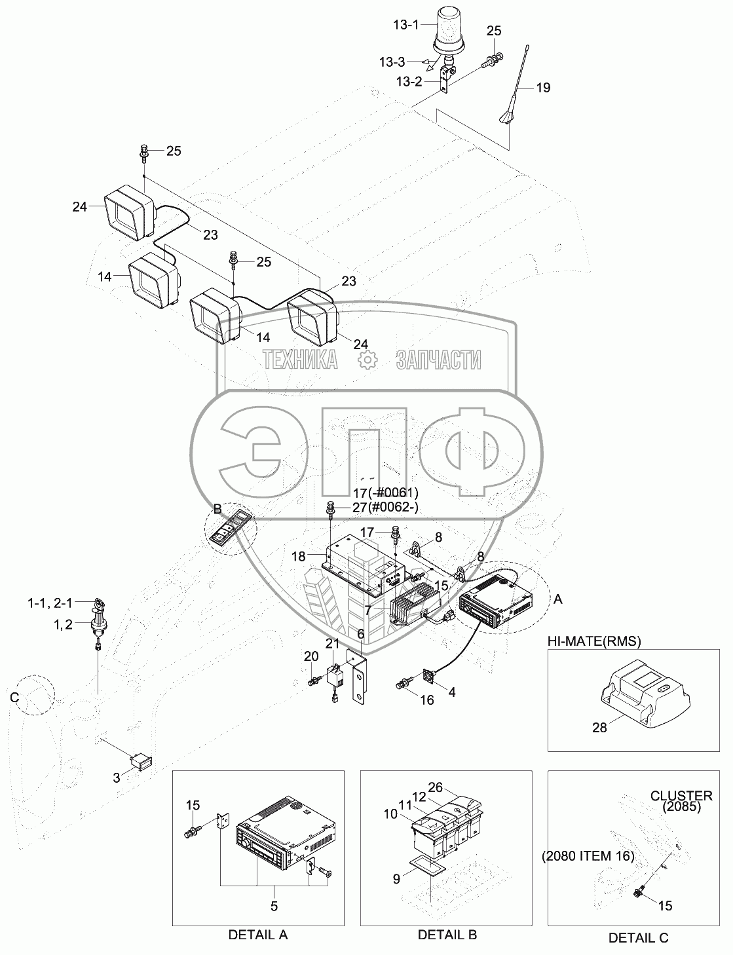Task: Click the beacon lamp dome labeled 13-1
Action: coord(449,31)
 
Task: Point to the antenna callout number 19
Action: coord(543,88)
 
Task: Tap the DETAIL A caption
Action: coord(258,935)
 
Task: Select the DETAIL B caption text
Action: coord(447,935)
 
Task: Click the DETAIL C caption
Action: coord(638,938)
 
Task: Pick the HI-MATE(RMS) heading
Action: coord(594,641)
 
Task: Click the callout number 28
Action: coord(599,728)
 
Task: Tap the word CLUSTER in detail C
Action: coord(681,796)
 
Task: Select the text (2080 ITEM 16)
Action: coord(588,856)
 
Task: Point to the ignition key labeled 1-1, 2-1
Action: coord(98,605)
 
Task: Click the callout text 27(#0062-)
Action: coord(385,508)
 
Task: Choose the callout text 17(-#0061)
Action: coord(386,493)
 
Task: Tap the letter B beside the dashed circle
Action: coord(217,510)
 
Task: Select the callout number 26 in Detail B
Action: coord(435,787)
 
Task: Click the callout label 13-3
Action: coord(392,62)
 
